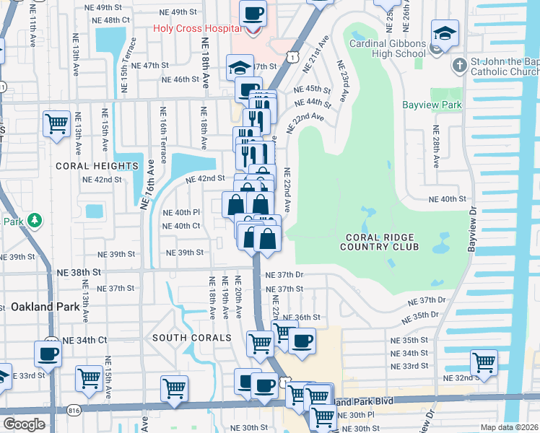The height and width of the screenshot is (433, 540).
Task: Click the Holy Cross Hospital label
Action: [x=196, y=30]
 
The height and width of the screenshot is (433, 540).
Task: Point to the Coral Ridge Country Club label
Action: [x=382, y=242]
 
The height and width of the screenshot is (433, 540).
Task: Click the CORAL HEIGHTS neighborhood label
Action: [x=97, y=166]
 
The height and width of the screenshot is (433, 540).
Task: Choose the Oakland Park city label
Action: [x=45, y=307]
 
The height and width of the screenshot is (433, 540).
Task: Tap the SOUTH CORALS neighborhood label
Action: [x=181, y=338]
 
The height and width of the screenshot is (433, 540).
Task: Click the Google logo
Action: [x=23, y=424]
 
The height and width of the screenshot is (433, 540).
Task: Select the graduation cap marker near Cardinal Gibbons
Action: [x=445, y=33]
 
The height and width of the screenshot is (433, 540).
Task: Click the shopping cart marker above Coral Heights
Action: [x=56, y=122]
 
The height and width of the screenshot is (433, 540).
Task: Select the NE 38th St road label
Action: [x=79, y=273]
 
